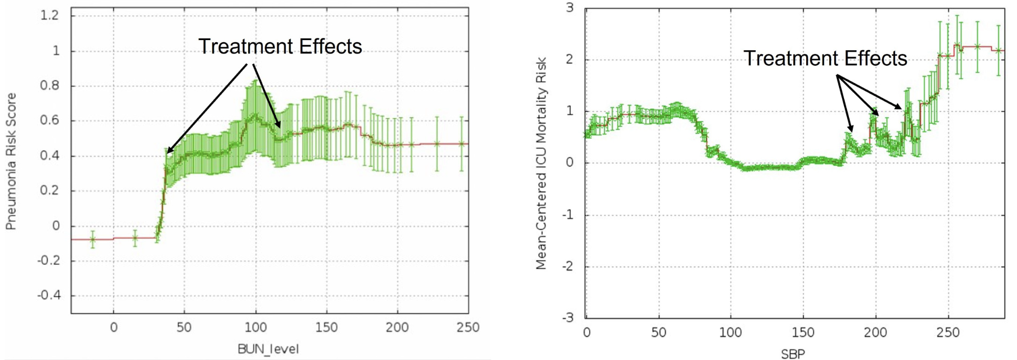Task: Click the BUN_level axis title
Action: [268, 349]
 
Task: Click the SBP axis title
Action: [793, 354]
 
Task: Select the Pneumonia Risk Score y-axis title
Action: [11, 161]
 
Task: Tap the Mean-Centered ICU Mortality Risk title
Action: [541, 163]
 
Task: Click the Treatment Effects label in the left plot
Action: [280, 47]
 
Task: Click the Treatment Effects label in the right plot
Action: [825, 59]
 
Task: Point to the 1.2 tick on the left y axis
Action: [49, 15]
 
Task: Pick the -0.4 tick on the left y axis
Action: [49, 295]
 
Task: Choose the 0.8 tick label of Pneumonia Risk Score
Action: [49, 85]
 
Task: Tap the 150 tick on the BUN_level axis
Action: [326, 327]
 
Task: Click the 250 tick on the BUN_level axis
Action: [468, 327]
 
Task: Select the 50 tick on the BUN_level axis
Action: [184, 327]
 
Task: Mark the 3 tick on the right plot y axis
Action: [570, 8]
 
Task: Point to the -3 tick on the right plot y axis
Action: [568, 318]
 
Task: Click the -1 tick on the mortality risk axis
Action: [568, 215]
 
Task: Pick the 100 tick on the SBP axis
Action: [731, 332]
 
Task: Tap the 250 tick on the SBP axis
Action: [948, 332]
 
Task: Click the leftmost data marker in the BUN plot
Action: [93, 240]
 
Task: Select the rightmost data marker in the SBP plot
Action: [999, 50]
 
